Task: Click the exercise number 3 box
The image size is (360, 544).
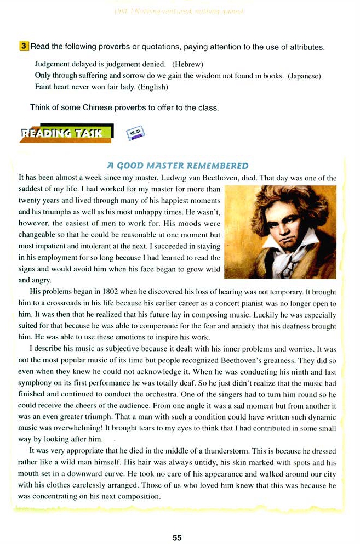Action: click(24, 47)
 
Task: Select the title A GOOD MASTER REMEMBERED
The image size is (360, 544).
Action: click(178, 166)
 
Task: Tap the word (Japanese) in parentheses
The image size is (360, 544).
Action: click(304, 75)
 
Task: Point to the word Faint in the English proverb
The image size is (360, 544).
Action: click(44, 87)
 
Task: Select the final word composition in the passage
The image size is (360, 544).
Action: click(136, 497)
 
